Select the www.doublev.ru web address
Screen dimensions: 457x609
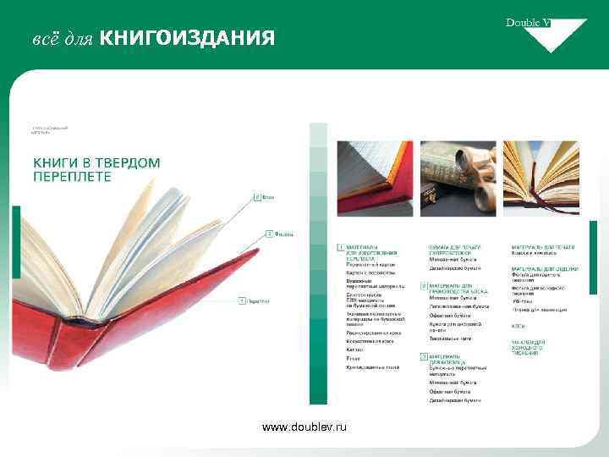coord(304,428)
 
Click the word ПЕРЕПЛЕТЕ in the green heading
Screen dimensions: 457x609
coord(72,177)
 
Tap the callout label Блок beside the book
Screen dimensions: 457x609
coord(268,198)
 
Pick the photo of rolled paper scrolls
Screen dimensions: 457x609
coord(458,179)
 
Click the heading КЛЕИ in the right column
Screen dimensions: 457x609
coord(518,326)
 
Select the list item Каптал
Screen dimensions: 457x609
coord(354,350)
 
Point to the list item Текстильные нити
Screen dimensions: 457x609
coord(445,339)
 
